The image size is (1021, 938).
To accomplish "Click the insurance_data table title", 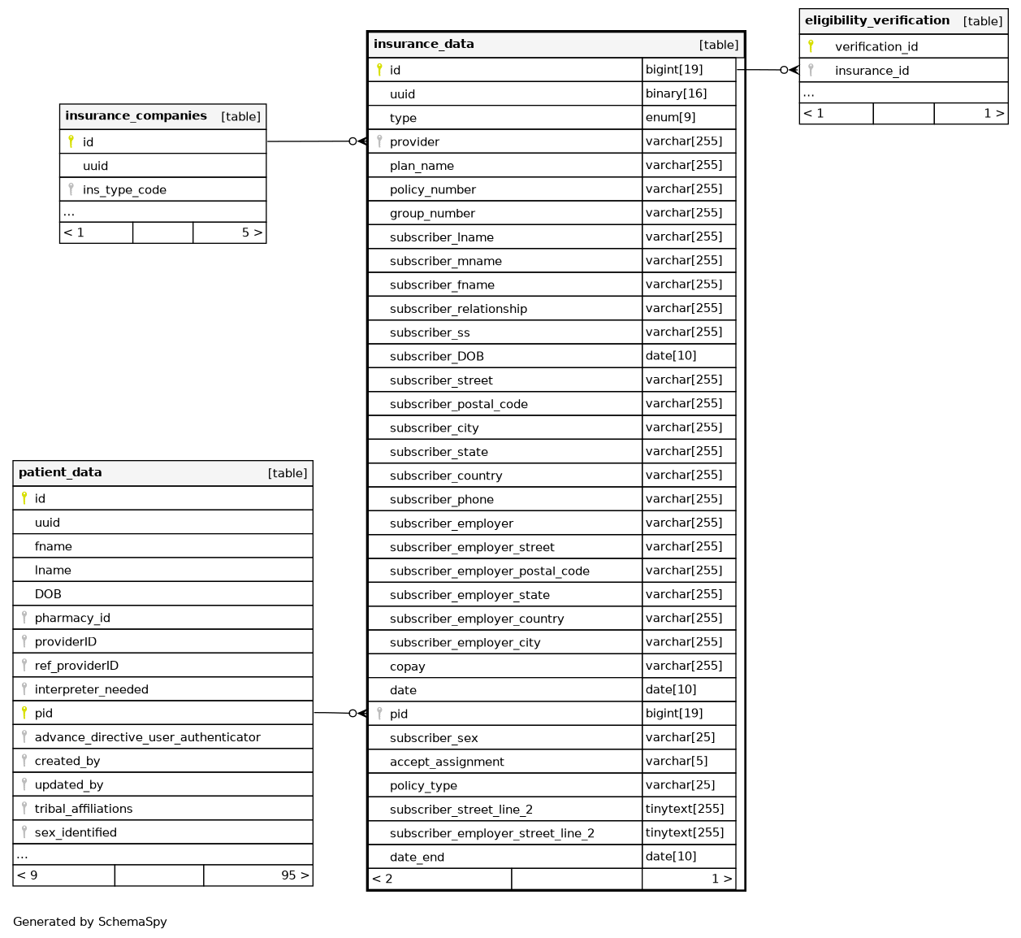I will [x=423, y=44].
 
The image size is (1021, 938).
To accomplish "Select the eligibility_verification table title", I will [x=876, y=20].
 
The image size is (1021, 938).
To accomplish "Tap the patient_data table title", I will [x=60, y=472].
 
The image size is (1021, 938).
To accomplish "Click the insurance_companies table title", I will [x=136, y=115].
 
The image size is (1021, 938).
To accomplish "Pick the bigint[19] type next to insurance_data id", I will [x=674, y=69].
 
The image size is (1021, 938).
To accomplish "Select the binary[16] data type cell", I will [x=676, y=93].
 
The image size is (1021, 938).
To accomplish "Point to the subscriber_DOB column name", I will [x=436, y=356].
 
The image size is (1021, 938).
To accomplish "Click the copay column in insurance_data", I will [x=407, y=667].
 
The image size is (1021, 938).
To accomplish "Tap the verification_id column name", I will [x=876, y=46].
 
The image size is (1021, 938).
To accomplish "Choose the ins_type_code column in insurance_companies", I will [x=124, y=189].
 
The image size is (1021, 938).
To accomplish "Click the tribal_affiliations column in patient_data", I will [x=84, y=809].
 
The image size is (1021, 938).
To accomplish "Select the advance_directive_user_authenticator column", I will [x=147, y=737].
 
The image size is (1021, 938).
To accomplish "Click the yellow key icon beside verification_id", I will [x=811, y=46].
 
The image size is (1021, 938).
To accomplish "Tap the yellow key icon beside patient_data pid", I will [x=24, y=713].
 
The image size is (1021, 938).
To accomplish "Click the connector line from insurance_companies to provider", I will [x=309, y=141].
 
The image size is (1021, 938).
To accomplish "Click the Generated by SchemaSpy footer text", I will [x=89, y=922].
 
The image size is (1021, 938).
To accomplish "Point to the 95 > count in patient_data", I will [x=294, y=875].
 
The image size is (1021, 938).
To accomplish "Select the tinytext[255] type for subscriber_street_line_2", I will [x=684, y=809].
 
